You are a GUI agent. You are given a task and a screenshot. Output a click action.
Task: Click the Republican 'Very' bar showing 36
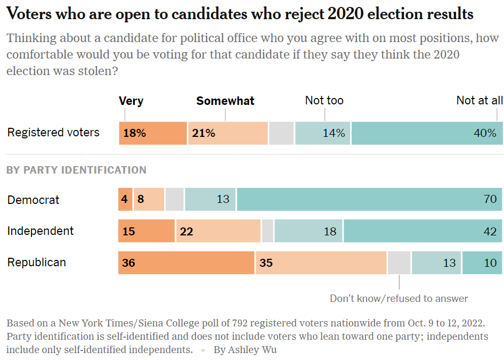(186, 263)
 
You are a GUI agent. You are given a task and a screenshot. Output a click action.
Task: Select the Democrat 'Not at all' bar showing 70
(369, 199)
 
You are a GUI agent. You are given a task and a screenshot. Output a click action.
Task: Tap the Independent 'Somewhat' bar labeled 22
(218, 231)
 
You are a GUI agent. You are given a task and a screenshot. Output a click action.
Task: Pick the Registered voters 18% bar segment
(153, 133)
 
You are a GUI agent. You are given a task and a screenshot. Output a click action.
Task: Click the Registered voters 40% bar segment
(427, 133)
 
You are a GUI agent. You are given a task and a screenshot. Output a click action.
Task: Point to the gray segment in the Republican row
(399, 263)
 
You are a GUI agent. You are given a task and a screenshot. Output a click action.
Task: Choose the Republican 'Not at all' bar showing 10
(482, 263)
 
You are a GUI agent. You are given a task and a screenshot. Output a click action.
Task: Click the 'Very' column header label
(131, 101)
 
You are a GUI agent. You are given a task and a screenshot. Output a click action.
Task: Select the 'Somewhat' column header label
(225, 101)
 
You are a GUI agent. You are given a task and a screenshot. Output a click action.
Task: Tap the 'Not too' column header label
(324, 100)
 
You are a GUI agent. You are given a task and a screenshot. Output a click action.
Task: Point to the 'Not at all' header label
(479, 100)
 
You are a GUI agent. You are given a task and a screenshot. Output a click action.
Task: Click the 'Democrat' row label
(34, 200)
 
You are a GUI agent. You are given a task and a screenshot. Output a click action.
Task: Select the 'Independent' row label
(40, 231)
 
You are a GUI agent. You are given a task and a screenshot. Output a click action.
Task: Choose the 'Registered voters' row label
(53, 133)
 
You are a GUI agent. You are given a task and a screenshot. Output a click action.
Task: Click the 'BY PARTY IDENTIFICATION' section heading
(76, 170)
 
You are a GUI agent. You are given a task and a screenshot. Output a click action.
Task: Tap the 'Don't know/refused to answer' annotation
(399, 298)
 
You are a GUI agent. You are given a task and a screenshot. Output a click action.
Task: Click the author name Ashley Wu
(245, 350)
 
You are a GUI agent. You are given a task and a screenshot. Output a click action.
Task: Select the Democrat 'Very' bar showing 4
(125, 199)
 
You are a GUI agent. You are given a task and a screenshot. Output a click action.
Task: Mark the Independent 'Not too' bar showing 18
(308, 231)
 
